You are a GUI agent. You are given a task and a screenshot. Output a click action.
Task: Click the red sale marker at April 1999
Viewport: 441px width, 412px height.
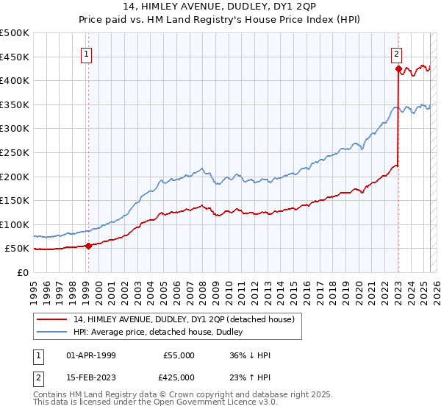click(88, 246)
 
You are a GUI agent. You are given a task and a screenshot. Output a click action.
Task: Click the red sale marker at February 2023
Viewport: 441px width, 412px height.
click(398, 69)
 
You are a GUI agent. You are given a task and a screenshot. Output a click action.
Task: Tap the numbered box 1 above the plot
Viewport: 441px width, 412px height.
click(87, 53)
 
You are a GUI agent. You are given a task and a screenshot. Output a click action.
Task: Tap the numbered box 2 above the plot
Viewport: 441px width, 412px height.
click(396, 53)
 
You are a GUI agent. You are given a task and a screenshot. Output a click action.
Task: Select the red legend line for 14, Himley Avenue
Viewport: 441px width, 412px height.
click(53, 319)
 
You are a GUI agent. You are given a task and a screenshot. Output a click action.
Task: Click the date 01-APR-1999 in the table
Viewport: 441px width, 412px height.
click(91, 355)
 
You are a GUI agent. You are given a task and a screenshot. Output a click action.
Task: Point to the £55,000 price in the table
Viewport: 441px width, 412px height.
click(179, 355)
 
